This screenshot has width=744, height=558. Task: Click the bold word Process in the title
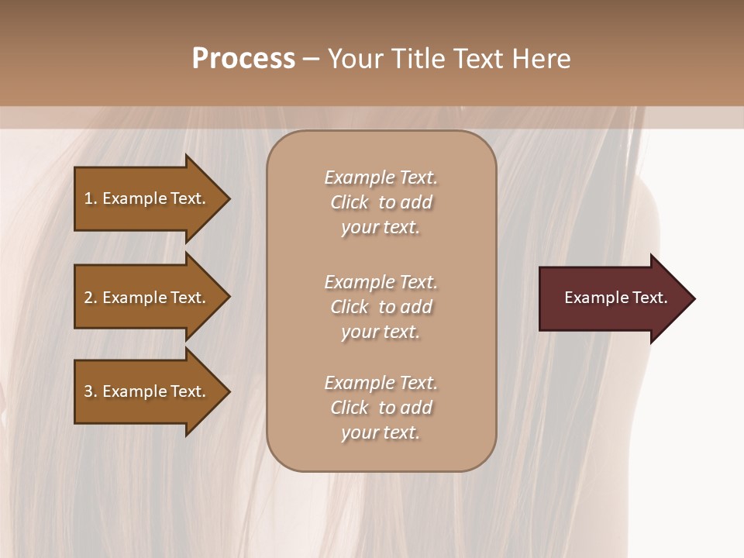(243, 59)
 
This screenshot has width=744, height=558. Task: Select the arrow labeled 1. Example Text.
(147, 198)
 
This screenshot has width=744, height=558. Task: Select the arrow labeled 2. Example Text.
(147, 298)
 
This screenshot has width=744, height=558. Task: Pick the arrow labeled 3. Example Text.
(147, 391)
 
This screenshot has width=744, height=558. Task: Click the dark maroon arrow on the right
(612, 298)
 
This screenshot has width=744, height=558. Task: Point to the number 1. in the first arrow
(91, 198)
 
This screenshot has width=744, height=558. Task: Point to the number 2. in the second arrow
(91, 298)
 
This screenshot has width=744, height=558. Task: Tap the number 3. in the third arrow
(91, 391)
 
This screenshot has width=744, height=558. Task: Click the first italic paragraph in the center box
(381, 202)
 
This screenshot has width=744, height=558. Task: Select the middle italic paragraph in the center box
(381, 307)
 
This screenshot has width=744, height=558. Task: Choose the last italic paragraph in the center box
(381, 408)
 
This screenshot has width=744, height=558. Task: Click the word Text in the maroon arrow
(650, 298)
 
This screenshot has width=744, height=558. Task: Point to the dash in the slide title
(311, 59)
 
